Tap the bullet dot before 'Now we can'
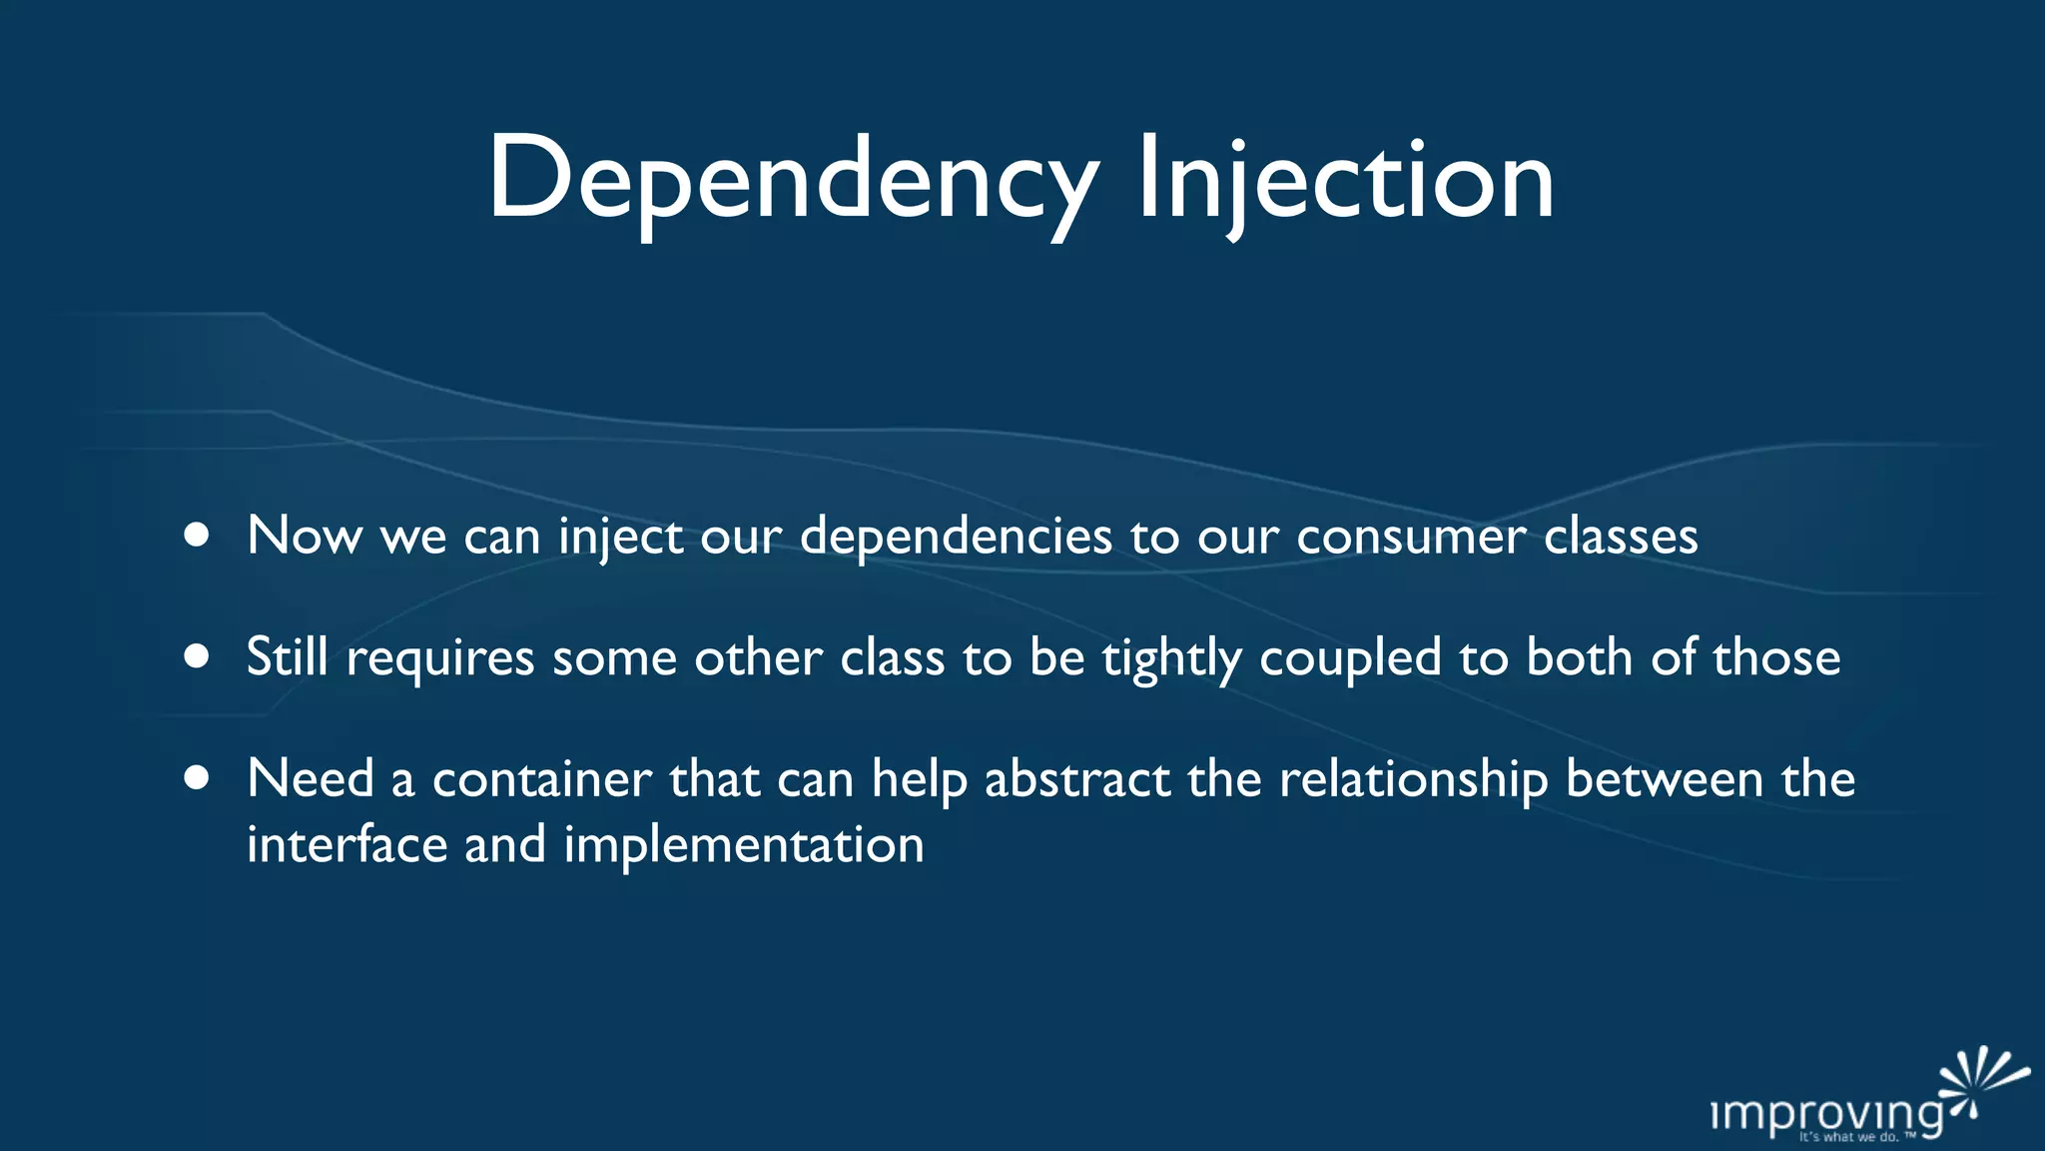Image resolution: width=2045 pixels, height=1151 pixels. (197, 536)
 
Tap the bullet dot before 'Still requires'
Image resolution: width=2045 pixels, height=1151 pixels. (197, 656)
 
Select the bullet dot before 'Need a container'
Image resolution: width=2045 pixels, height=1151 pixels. (197, 777)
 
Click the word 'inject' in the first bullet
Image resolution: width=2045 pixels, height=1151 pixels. (620, 538)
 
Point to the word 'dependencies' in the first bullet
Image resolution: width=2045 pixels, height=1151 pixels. (956, 538)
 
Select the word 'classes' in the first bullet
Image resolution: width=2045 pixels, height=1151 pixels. (1620, 538)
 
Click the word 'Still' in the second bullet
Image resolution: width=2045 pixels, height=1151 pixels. (287, 657)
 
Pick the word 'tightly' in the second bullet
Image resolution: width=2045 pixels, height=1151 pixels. (1171, 659)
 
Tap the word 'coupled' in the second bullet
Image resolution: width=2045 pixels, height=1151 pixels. (1350, 659)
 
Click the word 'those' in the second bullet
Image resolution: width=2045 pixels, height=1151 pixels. (1776, 657)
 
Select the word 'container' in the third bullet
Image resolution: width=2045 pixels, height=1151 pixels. (541, 779)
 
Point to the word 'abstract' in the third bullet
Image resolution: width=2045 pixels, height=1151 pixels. (1076, 779)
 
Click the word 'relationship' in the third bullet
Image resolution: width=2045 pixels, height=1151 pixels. (1413, 779)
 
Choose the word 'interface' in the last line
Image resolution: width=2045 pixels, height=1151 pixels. (346, 845)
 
